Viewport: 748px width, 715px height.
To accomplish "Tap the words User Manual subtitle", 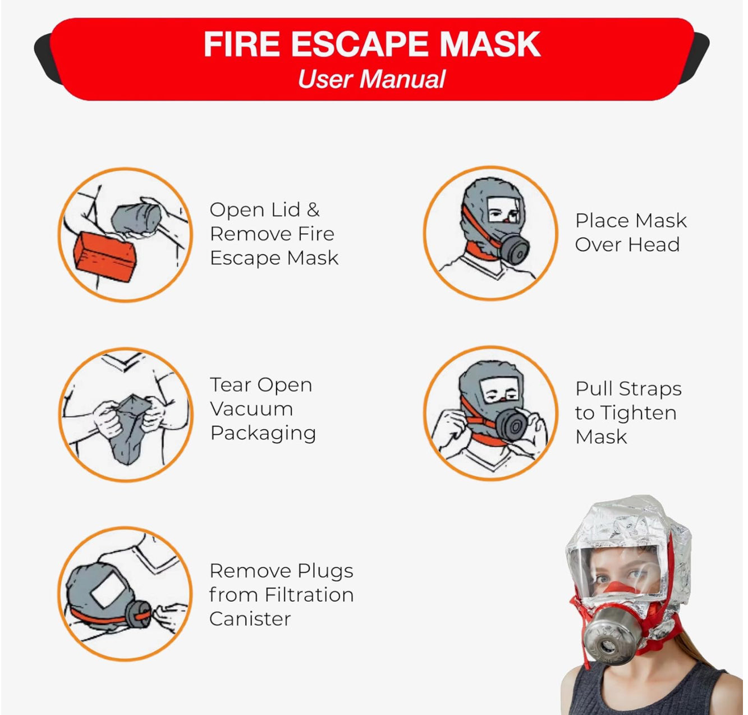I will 371,79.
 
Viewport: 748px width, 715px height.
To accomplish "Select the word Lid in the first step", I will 286,210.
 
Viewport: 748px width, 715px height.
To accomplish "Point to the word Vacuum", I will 251,409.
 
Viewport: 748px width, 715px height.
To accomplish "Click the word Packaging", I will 263,434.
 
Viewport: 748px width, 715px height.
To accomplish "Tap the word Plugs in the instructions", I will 325,571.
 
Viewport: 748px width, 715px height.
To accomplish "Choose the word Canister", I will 250,619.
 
